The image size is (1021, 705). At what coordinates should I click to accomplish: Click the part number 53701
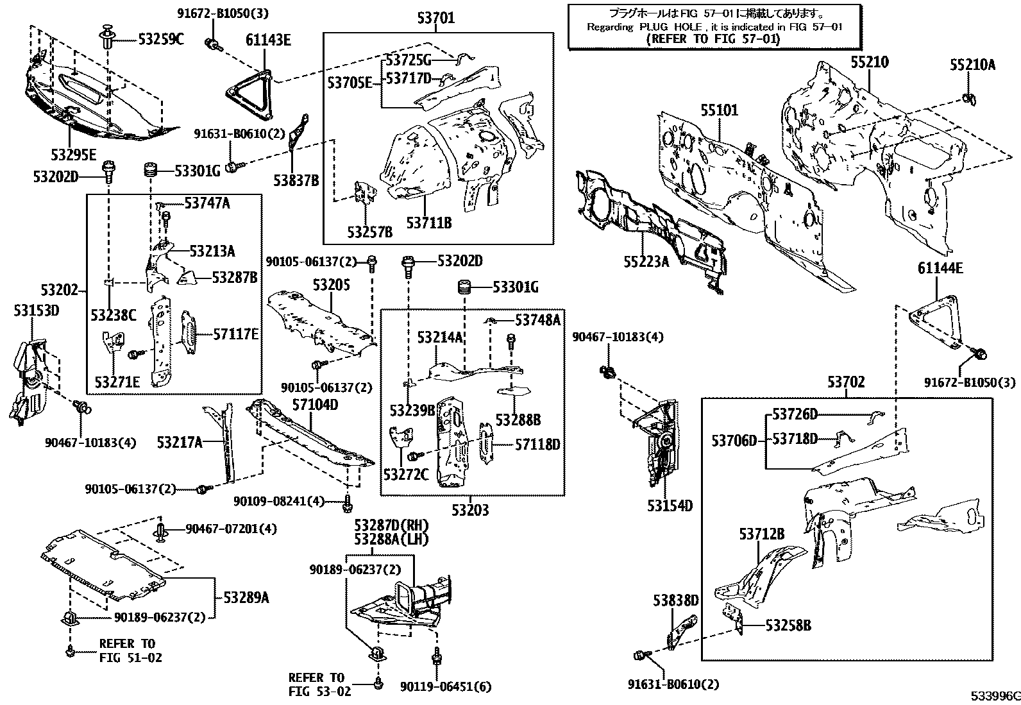(x=435, y=18)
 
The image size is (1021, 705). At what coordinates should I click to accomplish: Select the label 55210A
(x=972, y=64)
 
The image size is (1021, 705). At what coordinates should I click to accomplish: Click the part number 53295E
(x=74, y=155)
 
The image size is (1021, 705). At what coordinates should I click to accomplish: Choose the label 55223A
(x=646, y=261)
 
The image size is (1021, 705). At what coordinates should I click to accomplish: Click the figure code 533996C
(x=993, y=695)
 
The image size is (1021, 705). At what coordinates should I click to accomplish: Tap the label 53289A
(x=246, y=598)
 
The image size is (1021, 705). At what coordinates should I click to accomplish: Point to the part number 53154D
(x=670, y=505)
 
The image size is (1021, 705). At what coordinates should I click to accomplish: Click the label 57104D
(x=315, y=405)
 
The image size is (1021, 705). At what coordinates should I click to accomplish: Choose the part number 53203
(x=469, y=510)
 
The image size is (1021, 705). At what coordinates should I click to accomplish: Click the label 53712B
(x=761, y=534)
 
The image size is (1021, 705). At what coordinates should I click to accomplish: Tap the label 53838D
(x=676, y=600)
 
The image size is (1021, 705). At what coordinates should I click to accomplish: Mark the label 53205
(x=332, y=284)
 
